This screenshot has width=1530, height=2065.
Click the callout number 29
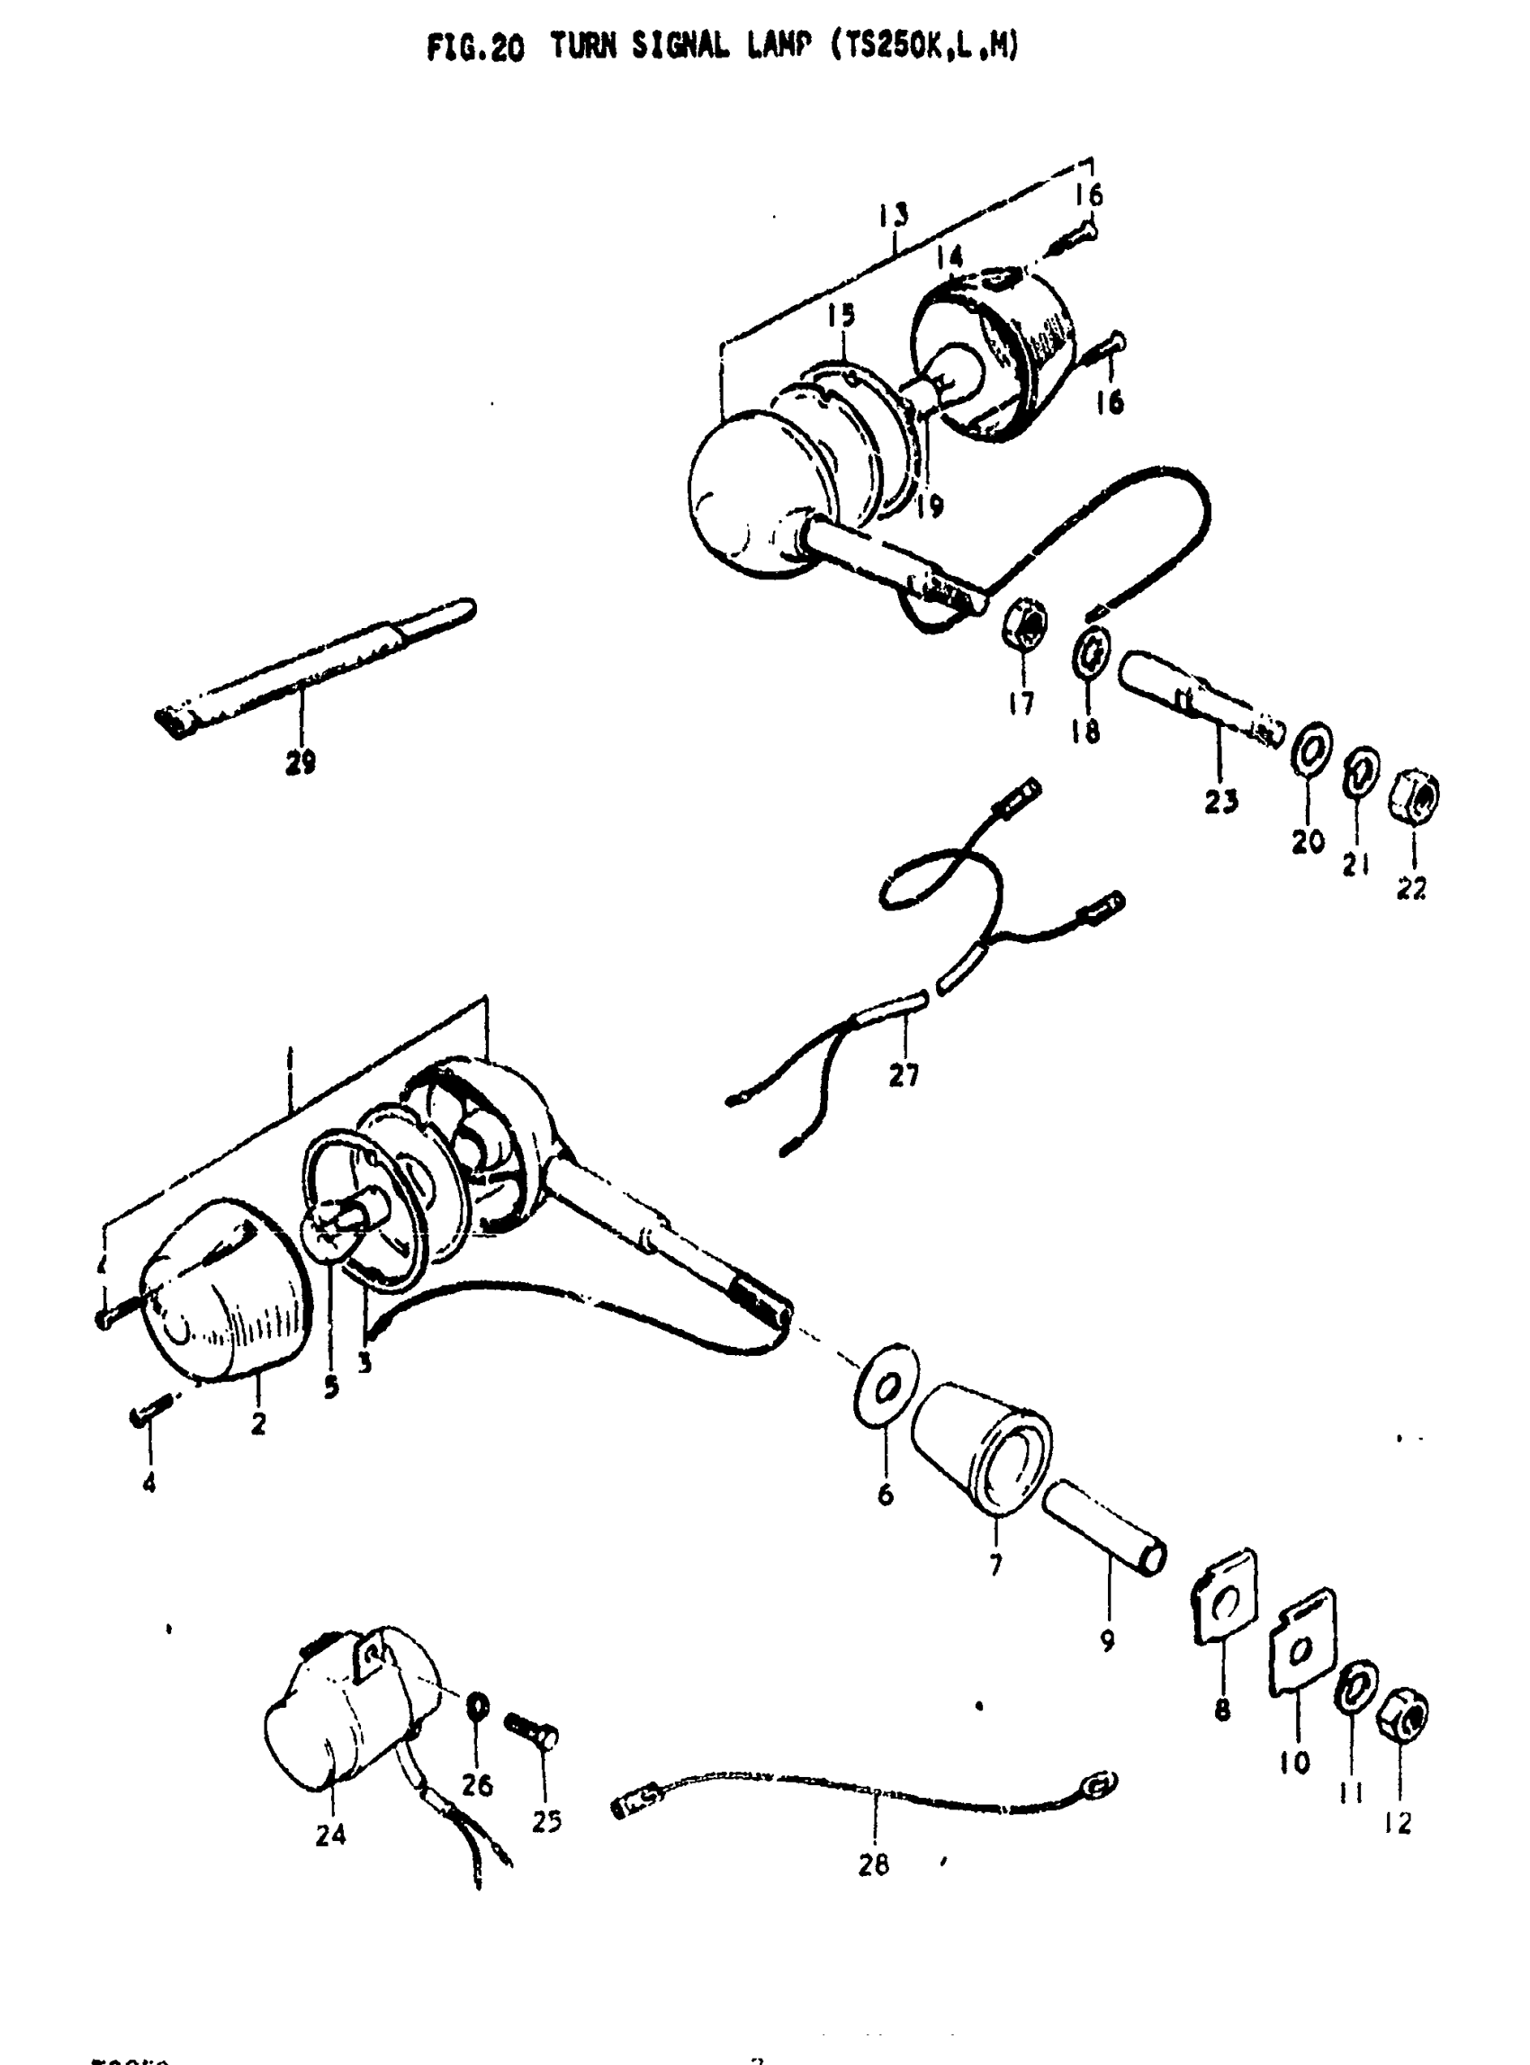(x=300, y=761)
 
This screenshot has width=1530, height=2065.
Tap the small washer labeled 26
(x=479, y=1705)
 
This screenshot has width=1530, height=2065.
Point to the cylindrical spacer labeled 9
(x=1105, y=1538)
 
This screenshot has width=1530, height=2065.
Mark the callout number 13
(x=894, y=215)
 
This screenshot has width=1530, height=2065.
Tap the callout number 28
(x=872, y=1864)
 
